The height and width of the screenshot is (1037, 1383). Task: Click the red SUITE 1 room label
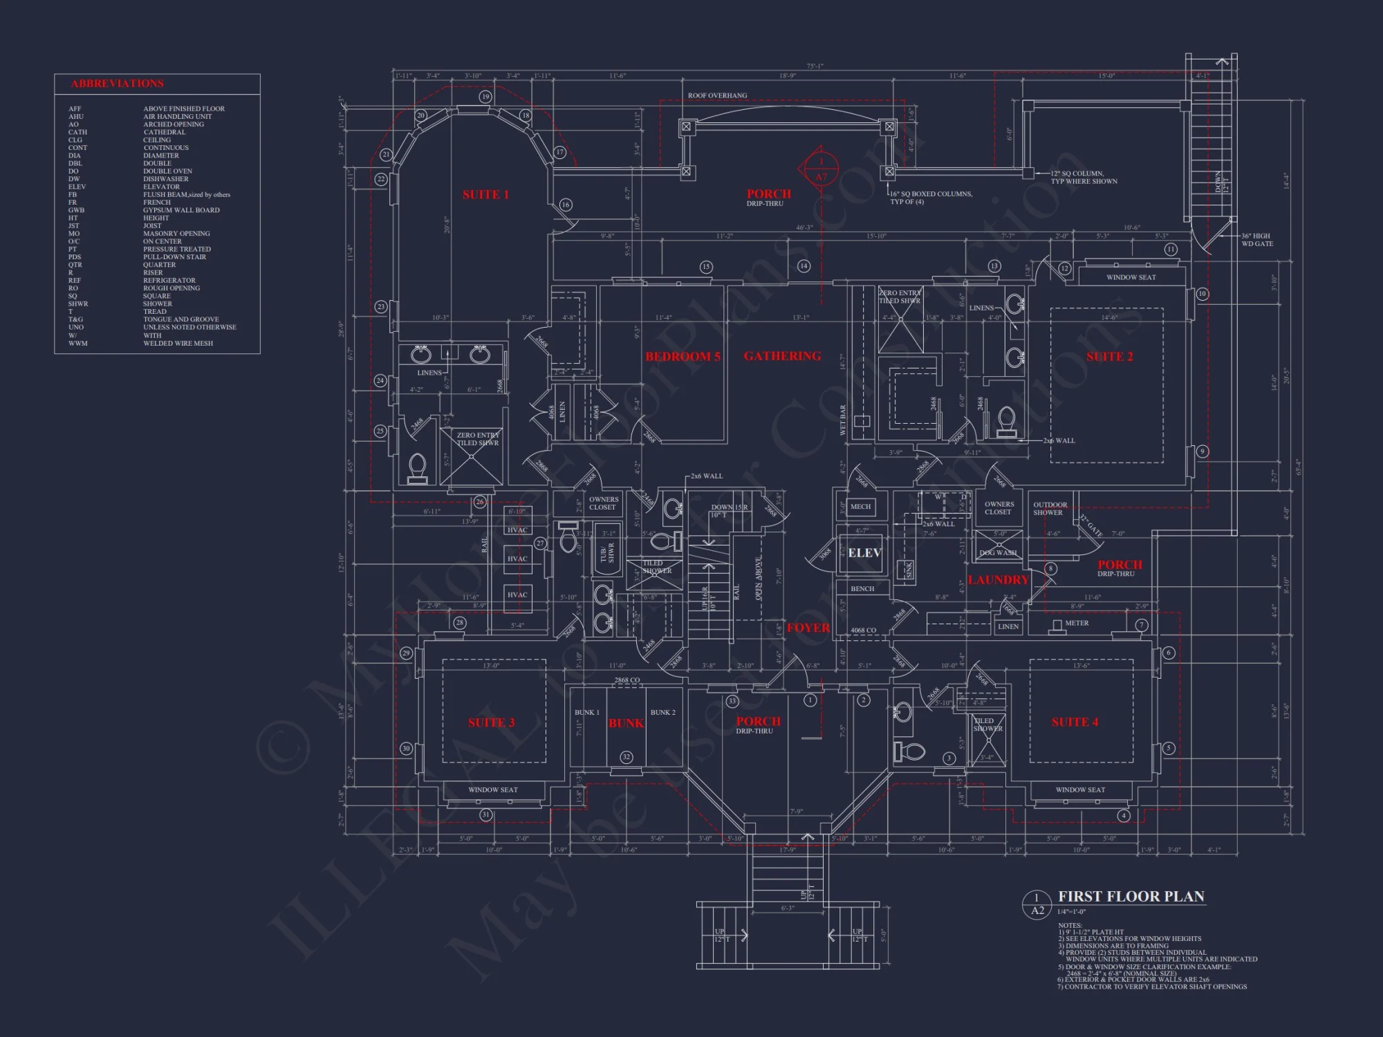(x=485, y=195)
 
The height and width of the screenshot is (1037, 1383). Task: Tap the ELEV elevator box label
(x=864, y=553)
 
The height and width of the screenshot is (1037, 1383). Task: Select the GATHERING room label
(x=782, y=356)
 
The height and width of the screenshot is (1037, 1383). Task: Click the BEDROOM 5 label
(x=683, y=357)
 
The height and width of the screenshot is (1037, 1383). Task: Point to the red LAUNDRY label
(x=998, y=580)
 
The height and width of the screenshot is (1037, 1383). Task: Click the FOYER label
(x=808, y=628)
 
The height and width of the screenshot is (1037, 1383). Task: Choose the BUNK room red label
(x=626, y=723)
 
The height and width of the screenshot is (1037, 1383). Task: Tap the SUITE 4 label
(x=1075, y=722)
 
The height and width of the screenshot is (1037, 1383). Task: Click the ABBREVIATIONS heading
(x=118, y=84)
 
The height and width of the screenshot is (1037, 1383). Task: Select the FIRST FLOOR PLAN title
(x=1131, y=897)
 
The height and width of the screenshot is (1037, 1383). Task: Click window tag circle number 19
(x=485, y=97)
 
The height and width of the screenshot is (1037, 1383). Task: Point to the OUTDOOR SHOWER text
(x=1049, y=509)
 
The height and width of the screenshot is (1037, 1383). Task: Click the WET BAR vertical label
(x=842, y=420)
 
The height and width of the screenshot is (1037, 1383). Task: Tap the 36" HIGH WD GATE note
(x=1256, y=240)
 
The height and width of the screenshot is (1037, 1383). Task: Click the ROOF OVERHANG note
(x=717, y=95)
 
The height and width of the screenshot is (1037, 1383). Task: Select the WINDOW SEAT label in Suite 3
(x=492, y=790)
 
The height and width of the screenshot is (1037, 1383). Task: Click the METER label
(x=1076, y=623)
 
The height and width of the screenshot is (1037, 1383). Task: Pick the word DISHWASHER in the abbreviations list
(x=166, y=179)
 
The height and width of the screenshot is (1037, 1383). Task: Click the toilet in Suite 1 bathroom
(x=417, y=467)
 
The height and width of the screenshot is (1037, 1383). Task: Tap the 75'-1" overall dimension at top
(x=815, y=66)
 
